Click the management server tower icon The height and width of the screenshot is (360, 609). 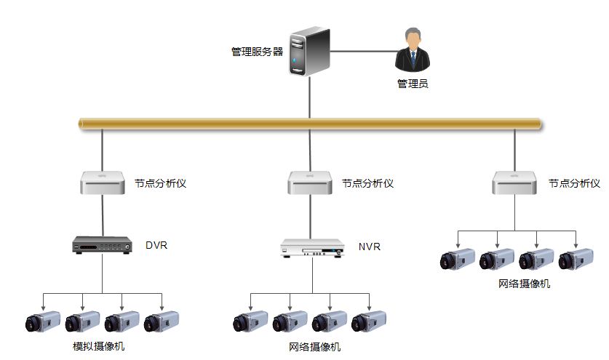click(x=309, y=52)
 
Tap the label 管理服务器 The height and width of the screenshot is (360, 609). click(x=257, y=52)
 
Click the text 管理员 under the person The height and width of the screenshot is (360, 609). click(x=412, y=84)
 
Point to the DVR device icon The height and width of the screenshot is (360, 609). click(x=102, y=247)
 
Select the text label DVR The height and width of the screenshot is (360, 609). click(x=156, y=245)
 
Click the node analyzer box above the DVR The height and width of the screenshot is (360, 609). click(x=102, y=183)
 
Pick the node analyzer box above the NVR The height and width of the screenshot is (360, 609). click(x=311, y=183)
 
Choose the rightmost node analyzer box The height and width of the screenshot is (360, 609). click(x=514, y=183)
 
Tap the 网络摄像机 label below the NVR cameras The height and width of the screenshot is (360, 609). click(x=314, y=347)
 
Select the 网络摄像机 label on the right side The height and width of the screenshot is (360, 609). click(x=524, y=284)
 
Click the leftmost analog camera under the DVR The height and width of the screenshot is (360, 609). click(x=43, y=321)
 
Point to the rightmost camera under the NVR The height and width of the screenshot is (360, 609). click(x=369, y=321)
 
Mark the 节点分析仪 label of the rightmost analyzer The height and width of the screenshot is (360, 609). click(x=574, y=183)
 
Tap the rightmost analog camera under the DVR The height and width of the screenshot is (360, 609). click(x=162, y=321)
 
